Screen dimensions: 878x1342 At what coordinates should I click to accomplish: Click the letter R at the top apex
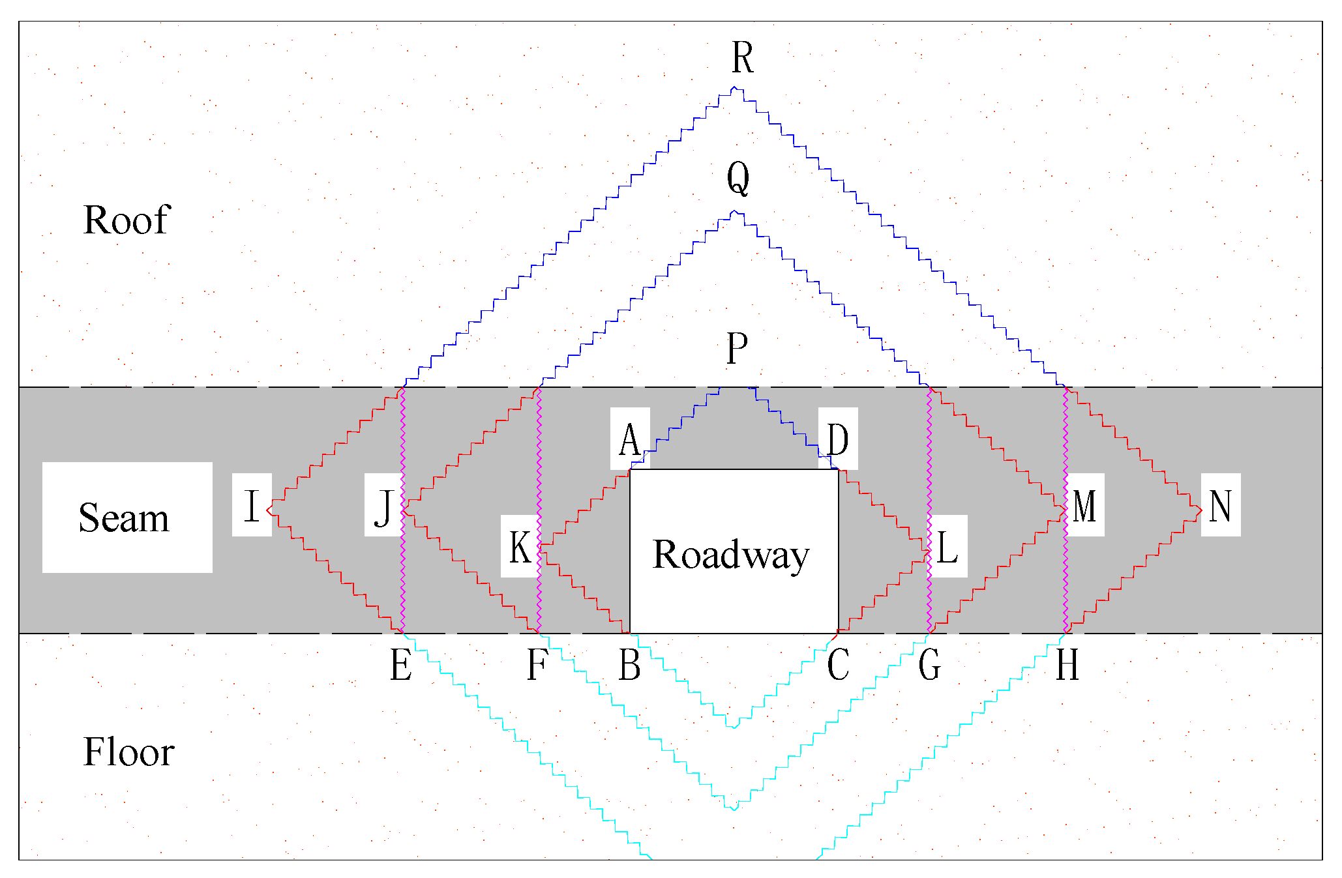742,58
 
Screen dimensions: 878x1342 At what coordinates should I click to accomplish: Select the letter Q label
738,178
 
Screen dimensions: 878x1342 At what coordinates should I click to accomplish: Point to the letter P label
737,349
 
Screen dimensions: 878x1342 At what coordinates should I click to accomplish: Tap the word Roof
127,220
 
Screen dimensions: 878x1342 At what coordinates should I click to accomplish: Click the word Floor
128,752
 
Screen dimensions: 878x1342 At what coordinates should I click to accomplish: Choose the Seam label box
127,518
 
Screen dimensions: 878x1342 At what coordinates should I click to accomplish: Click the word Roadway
731,555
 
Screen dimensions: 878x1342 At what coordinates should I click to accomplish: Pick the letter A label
629,440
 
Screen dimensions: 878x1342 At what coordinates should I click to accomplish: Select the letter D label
838,439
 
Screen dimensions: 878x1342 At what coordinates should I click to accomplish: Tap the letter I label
252,506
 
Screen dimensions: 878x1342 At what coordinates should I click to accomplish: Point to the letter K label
520,547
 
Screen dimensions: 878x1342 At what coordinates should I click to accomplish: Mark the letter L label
947,547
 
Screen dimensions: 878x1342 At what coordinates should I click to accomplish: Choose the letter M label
1084,506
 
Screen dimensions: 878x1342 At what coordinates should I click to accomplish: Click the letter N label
1220,506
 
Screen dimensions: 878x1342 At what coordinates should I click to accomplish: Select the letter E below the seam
400,666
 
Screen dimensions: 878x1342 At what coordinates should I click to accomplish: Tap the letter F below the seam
537,666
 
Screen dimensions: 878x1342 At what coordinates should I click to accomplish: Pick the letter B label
629,666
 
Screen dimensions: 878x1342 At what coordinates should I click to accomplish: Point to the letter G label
929,666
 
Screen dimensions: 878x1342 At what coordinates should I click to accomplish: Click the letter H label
1067,666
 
